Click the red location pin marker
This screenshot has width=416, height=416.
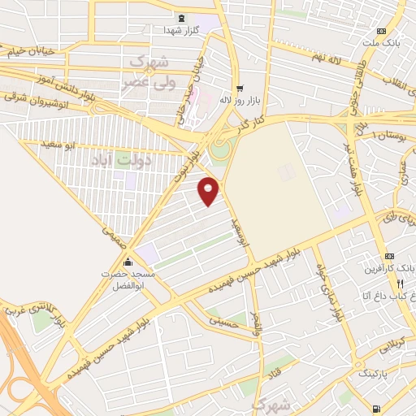coord(209,191)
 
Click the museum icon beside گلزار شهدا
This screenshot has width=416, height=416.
coord(180,17)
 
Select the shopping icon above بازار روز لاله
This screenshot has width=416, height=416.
coord(239,89)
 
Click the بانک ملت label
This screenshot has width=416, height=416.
coord(382,41)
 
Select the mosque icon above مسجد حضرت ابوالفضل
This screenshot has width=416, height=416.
coord(128,262)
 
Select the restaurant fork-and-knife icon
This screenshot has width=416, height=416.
coord(401,284)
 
